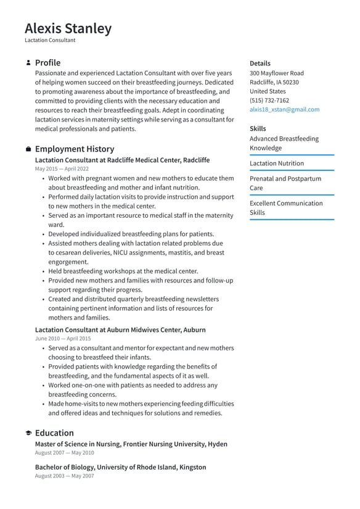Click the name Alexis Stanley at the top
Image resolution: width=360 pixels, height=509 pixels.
[68, 28]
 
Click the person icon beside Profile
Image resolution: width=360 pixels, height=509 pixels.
[28, 63]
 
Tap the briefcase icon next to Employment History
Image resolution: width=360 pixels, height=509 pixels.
[28, 149]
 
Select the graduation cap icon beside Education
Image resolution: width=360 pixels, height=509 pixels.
[28, 433]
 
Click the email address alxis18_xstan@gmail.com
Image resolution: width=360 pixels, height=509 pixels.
[284, 109]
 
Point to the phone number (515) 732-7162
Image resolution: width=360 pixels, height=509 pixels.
[269, 100]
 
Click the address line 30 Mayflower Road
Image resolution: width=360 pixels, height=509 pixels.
[276, 73]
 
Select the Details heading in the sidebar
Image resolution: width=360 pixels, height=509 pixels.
[260, 63]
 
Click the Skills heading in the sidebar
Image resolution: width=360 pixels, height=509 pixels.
[258, 128]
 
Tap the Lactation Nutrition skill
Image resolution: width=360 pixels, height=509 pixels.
[276, 163]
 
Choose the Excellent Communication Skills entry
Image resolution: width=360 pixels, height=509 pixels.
[285, 208]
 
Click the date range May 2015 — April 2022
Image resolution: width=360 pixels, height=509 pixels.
[62, 168]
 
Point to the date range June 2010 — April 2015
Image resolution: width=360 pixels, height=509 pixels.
[62, 339]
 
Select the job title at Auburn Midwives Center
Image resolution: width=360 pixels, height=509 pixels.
[120, 330]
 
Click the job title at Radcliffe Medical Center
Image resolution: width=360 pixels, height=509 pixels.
[122, 160]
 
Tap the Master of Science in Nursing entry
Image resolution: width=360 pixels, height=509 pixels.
[131, 444]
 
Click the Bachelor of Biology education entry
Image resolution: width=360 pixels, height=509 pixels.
[120, 467]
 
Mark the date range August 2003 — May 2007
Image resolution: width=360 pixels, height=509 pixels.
[64, 476]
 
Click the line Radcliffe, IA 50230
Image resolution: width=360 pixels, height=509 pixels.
[274, 82]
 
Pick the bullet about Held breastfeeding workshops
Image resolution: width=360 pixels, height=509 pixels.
[123, 271]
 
